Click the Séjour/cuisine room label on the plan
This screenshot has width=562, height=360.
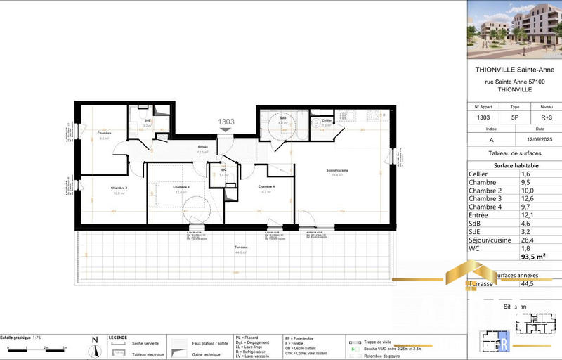point(337,171)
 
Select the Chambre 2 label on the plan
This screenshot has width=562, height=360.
point(118,188)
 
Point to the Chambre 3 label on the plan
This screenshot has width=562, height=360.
point(181,187)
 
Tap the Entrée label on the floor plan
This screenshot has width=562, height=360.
point(203,147)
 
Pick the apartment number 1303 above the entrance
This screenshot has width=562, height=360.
point(226,122)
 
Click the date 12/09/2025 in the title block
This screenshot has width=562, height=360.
point(539,139)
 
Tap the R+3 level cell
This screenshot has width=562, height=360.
point(539,117)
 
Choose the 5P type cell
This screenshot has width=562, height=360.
point(514,117)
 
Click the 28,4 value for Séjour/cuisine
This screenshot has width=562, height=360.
point(526,238)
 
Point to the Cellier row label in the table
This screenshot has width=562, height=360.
point(478,174)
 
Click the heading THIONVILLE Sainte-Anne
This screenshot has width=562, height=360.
point(514,70)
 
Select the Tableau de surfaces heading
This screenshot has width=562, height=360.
point(514,153)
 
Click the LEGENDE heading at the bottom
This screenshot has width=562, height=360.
point(118,337)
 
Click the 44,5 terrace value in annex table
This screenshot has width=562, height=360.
point(526,284)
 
